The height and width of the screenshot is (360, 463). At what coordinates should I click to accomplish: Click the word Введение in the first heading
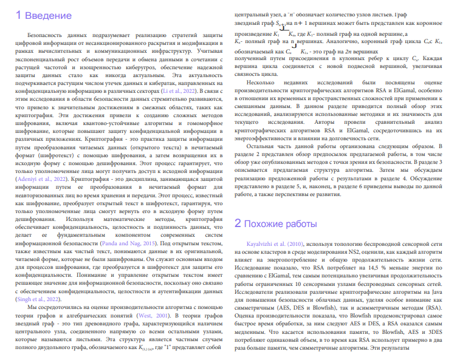tap(46, 15)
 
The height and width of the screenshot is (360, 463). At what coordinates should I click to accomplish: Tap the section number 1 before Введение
tap(19, 15)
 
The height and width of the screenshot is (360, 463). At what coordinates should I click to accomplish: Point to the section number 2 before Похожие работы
tap(239, 223)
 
